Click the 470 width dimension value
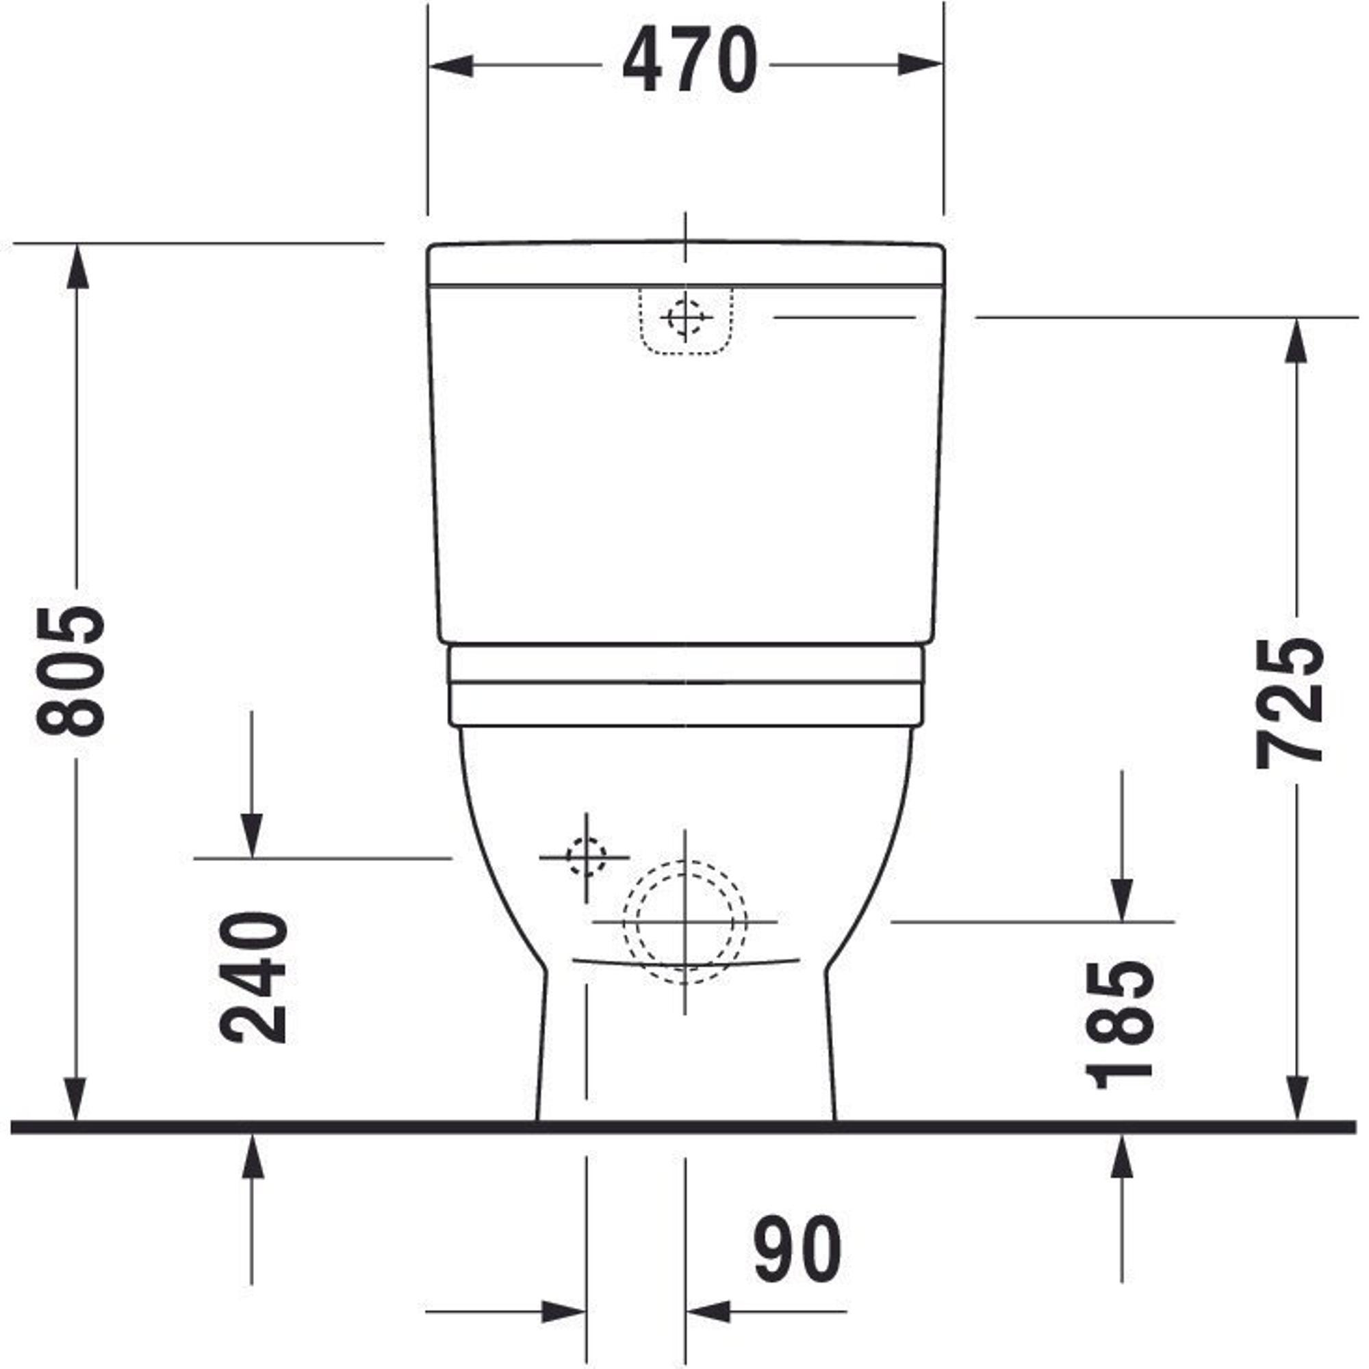pos(689,60)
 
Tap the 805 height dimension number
pos(71,671)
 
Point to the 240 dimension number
pos(253,978)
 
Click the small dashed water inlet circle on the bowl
pos(586,857)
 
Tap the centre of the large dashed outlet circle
pos(684,922)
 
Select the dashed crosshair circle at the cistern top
pos(684,318)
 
